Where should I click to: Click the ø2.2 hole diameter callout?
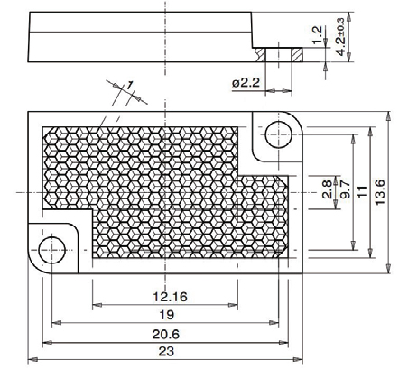coord(246,83)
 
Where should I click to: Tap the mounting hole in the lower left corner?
coord(51,246)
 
